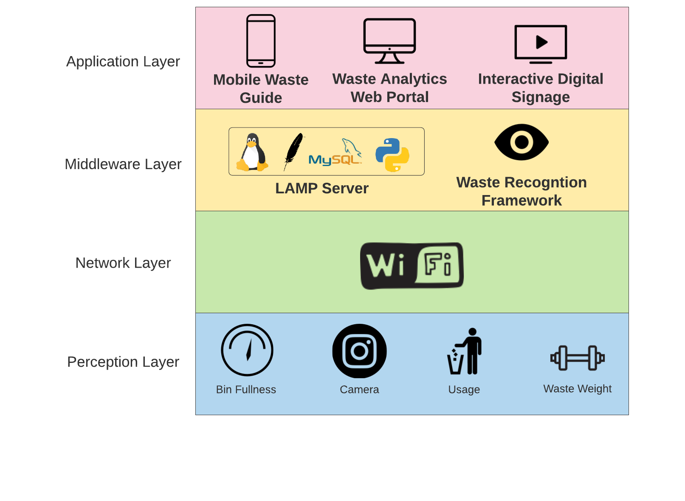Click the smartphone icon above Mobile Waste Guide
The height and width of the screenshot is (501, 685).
click(261, 41)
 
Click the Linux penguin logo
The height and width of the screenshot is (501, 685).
click(252, 152)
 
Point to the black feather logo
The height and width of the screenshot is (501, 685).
click(293, 151)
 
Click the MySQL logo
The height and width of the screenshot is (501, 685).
click(335, 154)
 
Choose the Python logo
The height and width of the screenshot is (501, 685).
click(392, 155)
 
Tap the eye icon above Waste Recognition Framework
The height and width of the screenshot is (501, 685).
click(522, 142)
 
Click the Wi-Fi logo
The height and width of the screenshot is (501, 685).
click(412, 266)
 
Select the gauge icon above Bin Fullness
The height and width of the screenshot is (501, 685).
click(247, 350)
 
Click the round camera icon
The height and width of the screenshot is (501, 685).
click(359, 351)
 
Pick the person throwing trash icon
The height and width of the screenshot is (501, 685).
click(465, 351)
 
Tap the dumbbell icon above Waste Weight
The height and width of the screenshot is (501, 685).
click(577, 358)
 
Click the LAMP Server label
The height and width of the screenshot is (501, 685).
click(321, 188)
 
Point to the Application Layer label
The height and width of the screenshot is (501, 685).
click(123, 62)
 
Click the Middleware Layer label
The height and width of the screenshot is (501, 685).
click(123, 164)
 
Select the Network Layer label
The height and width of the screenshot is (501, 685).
click(123, 263)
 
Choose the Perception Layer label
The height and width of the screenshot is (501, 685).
click(123, 362)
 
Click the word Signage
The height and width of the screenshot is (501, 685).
click(540, 97)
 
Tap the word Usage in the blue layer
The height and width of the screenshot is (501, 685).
click(464, 390)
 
